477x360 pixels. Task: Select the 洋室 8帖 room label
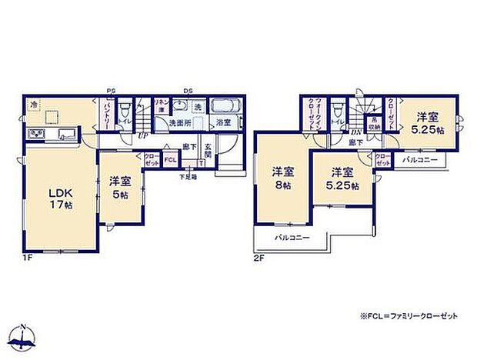pyautogui.click(x=281, y=178)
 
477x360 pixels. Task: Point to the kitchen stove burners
pyautogui.click(x=37, y=135)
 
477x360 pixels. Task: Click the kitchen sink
pyautogui.click(x=64, y=135)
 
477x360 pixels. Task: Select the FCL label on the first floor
pyautogui.click(x=170, y=160)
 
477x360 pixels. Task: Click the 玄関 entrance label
pyautogui.click(x=207, y=152)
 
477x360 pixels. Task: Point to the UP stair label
pyautogui.click(x=143, y=136)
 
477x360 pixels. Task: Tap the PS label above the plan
pyautogui.click(x=112, y=90)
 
